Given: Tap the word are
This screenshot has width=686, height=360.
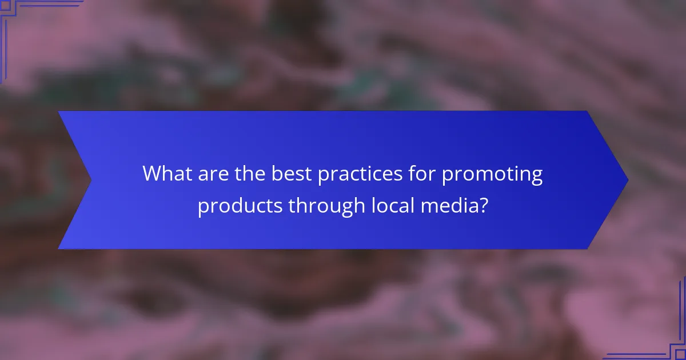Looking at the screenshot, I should pos(213,173).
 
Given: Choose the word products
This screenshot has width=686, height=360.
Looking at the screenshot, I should pos(240,205).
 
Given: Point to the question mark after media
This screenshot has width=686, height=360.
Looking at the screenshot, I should pos(484,204).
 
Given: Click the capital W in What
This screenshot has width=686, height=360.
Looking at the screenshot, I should pos(154,173).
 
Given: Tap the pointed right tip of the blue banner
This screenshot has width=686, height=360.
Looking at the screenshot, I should pos(628,180).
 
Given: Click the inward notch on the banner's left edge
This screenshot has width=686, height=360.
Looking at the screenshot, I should pos(91,180).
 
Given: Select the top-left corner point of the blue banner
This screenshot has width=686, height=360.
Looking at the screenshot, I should pos(58,111).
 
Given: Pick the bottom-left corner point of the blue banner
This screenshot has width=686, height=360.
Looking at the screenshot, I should pos(58,249).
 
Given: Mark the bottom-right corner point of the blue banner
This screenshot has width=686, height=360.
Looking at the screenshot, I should pos(588,249).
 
